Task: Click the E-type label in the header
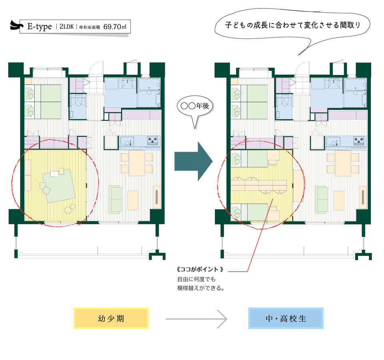(x=40, y=27)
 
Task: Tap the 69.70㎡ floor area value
(x=115, y=27)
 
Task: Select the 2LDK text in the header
(x=66, y=27)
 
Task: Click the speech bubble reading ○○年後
(x=196, y=108)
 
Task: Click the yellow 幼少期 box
(x=111, y=318)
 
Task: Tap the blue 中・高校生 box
(x=286, y=318)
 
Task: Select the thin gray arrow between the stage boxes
(x=196, y=319)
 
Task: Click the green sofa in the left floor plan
(x=116, y=199)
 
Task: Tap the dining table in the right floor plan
(x=342, y=163)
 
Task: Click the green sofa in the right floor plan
(x=322, y=199)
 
